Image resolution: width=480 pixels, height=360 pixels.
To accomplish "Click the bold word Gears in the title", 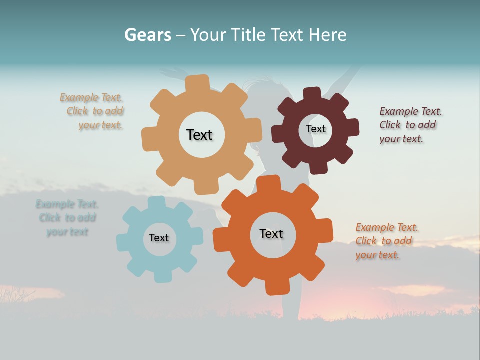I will click(x=147, y=35).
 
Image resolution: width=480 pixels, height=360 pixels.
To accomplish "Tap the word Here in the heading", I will click(x=327, y=35).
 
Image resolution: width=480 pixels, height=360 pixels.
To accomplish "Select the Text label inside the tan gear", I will click(x=199, y=135).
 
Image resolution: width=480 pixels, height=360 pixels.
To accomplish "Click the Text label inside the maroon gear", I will click(x=315, y=129).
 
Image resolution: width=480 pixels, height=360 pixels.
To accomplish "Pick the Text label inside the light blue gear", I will click(x=159, y=238).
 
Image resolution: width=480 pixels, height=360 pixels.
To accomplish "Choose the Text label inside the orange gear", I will click(x=271, y=233).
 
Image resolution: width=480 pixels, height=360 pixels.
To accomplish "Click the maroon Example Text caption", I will click(x=409, y=125).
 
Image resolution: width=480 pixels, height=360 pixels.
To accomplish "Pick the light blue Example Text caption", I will click(x=67, y=218).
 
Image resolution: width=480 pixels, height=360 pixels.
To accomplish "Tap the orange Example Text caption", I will click(x=386, y=241).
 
